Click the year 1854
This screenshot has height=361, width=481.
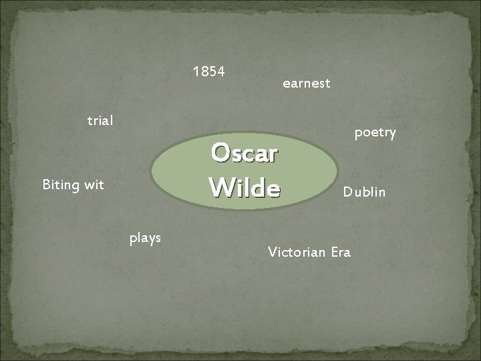point(208,71)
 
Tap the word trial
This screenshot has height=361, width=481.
point(100,121)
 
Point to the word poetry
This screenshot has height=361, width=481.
point(375,133)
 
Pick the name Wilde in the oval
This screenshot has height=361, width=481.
point(244,187)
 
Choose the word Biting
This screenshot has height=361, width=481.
point(61,185)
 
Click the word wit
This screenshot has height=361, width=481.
point(94,185)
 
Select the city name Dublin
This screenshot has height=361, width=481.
point(364,193)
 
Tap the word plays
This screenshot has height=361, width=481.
point(145,237)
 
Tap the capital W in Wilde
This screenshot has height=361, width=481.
point(220,187)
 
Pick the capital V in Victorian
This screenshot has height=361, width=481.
point(271,252)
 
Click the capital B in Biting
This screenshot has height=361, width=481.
point(46,185)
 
